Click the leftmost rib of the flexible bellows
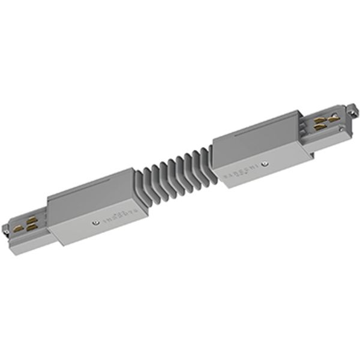click(x=139, y=180)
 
